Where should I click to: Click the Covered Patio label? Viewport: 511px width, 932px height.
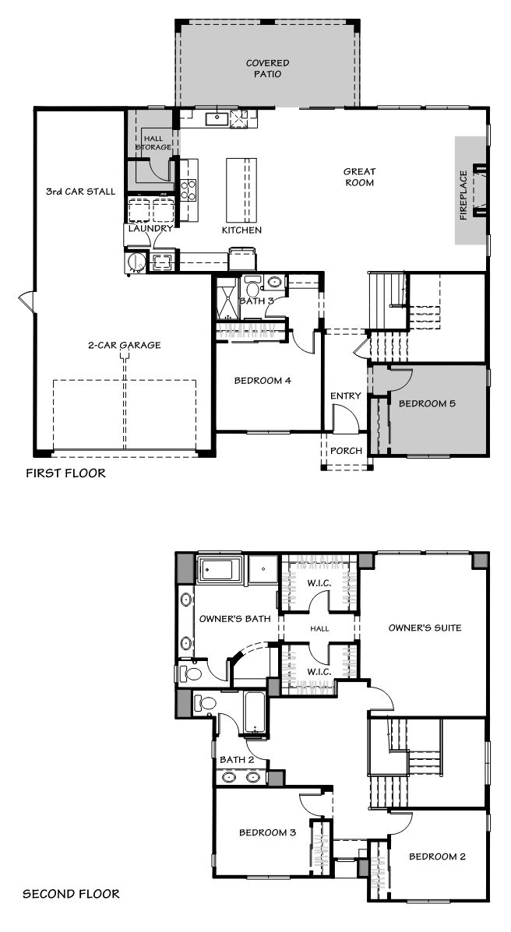[267, 69]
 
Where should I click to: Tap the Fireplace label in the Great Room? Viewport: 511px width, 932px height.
[464, 195]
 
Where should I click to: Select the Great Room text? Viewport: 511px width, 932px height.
[359, 177]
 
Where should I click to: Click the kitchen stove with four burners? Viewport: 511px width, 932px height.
[189, 190]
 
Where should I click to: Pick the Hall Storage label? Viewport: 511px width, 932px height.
[153, 142]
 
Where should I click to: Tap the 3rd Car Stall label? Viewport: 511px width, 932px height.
[81, 192]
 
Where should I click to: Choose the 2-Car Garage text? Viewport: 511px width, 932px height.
[124, 345]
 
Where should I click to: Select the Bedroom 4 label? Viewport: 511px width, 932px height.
[263, 381]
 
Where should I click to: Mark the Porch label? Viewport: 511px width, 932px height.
[346, 451]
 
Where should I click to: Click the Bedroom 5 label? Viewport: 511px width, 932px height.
[427, 403]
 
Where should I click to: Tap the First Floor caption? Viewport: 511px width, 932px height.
[65, 473]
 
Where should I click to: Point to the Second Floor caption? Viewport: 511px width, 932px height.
[71, 893]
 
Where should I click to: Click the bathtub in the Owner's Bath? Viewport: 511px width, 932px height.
[220, 570]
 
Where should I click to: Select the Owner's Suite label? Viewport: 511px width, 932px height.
[425, 628]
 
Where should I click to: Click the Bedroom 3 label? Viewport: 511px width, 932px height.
[267, 833]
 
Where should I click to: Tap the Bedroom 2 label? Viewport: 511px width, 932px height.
[437, 856]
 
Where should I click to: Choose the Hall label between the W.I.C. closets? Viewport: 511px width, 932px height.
[319, 628]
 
